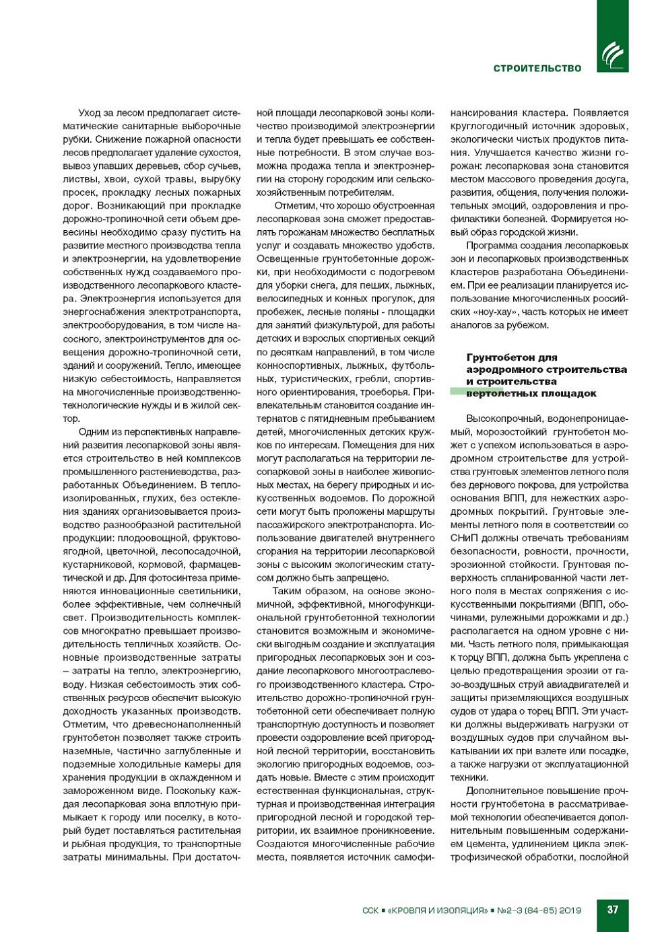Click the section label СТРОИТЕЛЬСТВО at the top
(x=537, y=69)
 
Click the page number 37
(x=612, y=909)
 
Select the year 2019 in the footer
(x=570, y=910)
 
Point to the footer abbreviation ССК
(x=370, y=910)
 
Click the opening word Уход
(x=89, y=112)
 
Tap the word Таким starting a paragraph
(x=286, y=591)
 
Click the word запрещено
(x=383, y=577)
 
